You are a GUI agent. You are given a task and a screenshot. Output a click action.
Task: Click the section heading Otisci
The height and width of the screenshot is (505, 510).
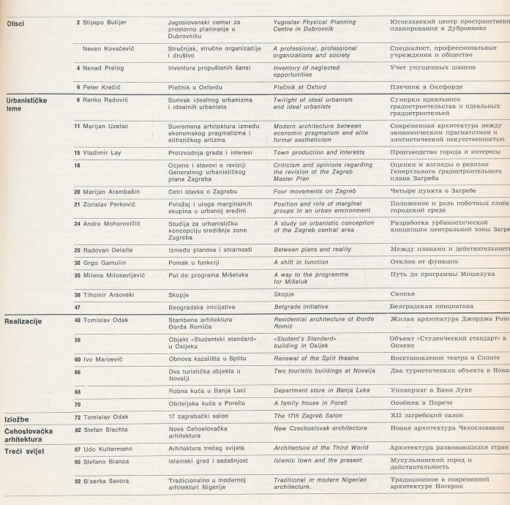(x=15, y=23)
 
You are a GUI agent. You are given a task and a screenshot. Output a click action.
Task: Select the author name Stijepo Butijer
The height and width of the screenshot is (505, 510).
(x=105, y=23)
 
